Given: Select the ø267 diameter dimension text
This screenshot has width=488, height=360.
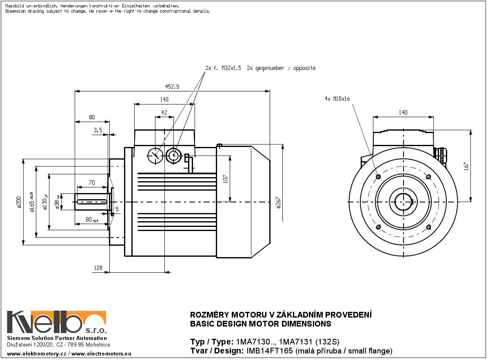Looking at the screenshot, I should tap(279, 203).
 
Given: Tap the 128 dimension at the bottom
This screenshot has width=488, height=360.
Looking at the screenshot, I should tap(98, 268).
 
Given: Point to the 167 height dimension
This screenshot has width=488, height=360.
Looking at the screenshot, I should tap(466, 166).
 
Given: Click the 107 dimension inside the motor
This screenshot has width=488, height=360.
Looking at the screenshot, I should tap(225, 178).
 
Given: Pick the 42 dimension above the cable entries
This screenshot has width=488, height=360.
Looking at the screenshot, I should tap(164, 112).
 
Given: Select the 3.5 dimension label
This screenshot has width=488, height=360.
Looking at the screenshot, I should tap(98, 130).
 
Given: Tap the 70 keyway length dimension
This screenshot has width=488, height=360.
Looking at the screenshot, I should tap(92, 183).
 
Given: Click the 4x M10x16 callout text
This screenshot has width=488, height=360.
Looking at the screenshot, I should tap(337, 99).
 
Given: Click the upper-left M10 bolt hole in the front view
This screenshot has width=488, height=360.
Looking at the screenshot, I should tap(378, 177).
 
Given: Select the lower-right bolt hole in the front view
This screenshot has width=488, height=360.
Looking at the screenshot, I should tap(428, 227).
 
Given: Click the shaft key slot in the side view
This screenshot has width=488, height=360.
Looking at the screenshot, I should tap(92, 201).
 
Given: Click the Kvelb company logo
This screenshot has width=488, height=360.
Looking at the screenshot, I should tap(56, 322).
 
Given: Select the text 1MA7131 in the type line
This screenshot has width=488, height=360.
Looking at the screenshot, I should tap(300, 342).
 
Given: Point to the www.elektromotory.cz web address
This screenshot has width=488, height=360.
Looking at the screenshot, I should tap(36, 353).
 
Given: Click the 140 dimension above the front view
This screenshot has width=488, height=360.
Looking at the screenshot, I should tap(403, 113).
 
